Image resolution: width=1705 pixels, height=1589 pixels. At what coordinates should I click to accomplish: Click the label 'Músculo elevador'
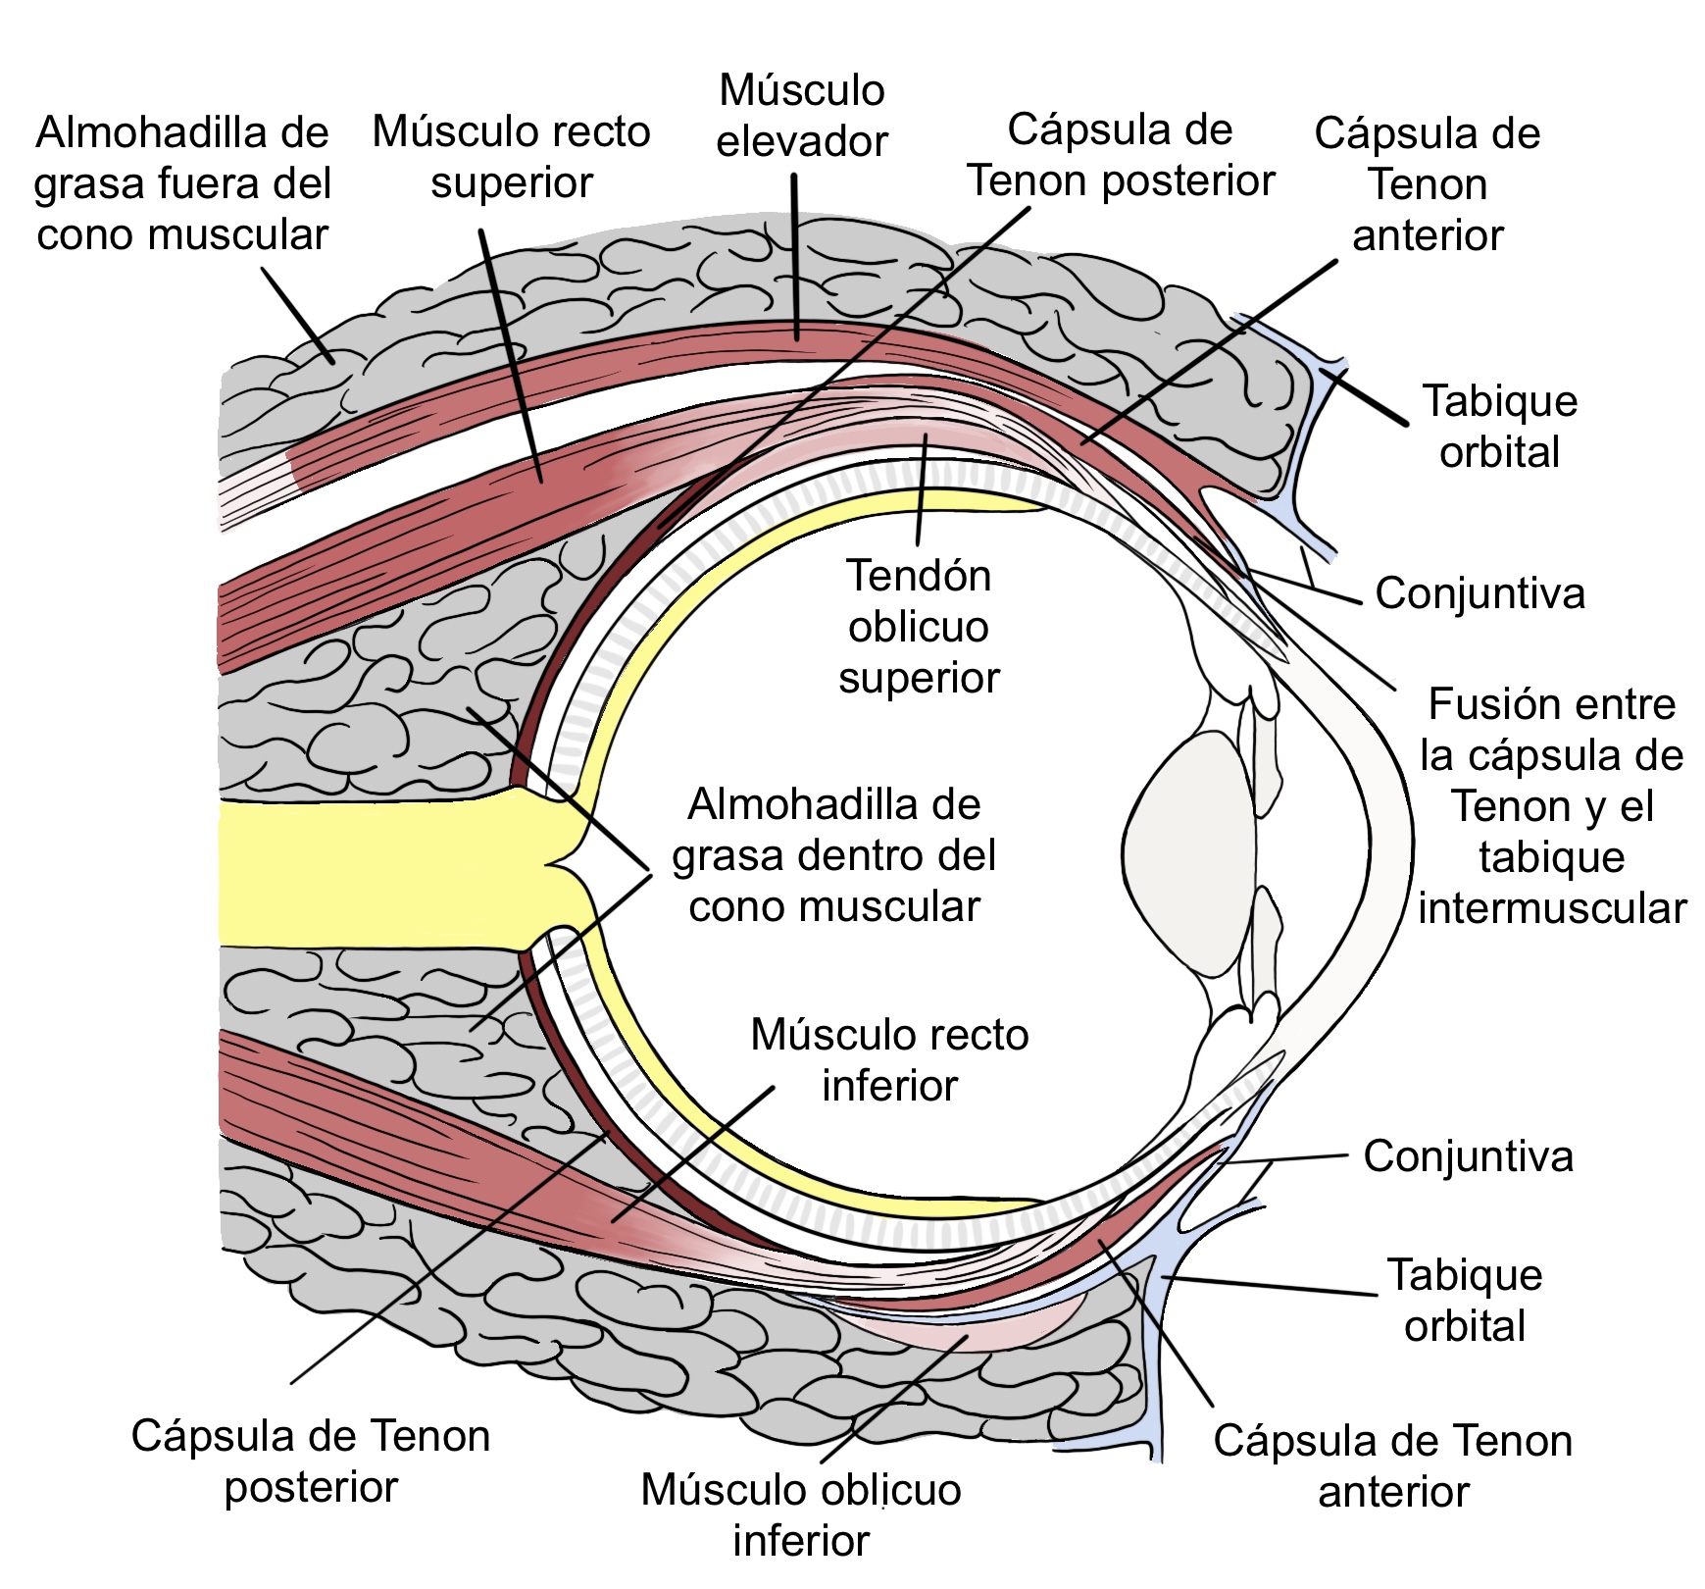(x=801, y=116)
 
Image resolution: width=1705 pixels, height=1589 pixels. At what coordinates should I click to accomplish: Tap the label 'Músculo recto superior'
(x=511, y=157)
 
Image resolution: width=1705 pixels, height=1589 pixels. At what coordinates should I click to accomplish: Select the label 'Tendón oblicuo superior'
(x=919, y=627)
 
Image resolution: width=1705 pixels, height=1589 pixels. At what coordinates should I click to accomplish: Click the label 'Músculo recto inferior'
(x=889, y=1060)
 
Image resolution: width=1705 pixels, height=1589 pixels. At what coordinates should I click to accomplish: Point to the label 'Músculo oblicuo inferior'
(x=801, y=1514)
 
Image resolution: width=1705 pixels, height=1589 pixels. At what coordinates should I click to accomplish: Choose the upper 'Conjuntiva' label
(x=1479, y=593)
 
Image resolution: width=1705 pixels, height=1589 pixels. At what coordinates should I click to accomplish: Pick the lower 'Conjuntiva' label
(x=1468, y=1156)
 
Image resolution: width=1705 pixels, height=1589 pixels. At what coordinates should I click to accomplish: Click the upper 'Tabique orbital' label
(x=1499, y=427)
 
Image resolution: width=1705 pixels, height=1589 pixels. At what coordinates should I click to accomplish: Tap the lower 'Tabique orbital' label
(x=1464, y=1301)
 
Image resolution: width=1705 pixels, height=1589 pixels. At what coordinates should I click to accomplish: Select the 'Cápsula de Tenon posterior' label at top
(x=1120, y=155)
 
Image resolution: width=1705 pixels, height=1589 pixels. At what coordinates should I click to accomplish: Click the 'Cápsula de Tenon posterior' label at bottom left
(x=310, y=1461)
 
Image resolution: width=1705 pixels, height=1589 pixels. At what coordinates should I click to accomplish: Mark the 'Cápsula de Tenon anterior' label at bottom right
(x=1392, y=1466)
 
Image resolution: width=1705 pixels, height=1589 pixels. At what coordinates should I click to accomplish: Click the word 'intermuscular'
(x=1551, y=908)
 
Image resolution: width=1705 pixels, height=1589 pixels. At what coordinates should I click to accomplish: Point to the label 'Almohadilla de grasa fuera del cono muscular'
(x=182, y=183)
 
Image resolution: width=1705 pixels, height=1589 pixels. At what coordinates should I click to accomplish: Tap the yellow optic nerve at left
(x=373, y=873)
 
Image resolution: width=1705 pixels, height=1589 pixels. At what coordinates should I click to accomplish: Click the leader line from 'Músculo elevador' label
(x=795, y=255)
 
